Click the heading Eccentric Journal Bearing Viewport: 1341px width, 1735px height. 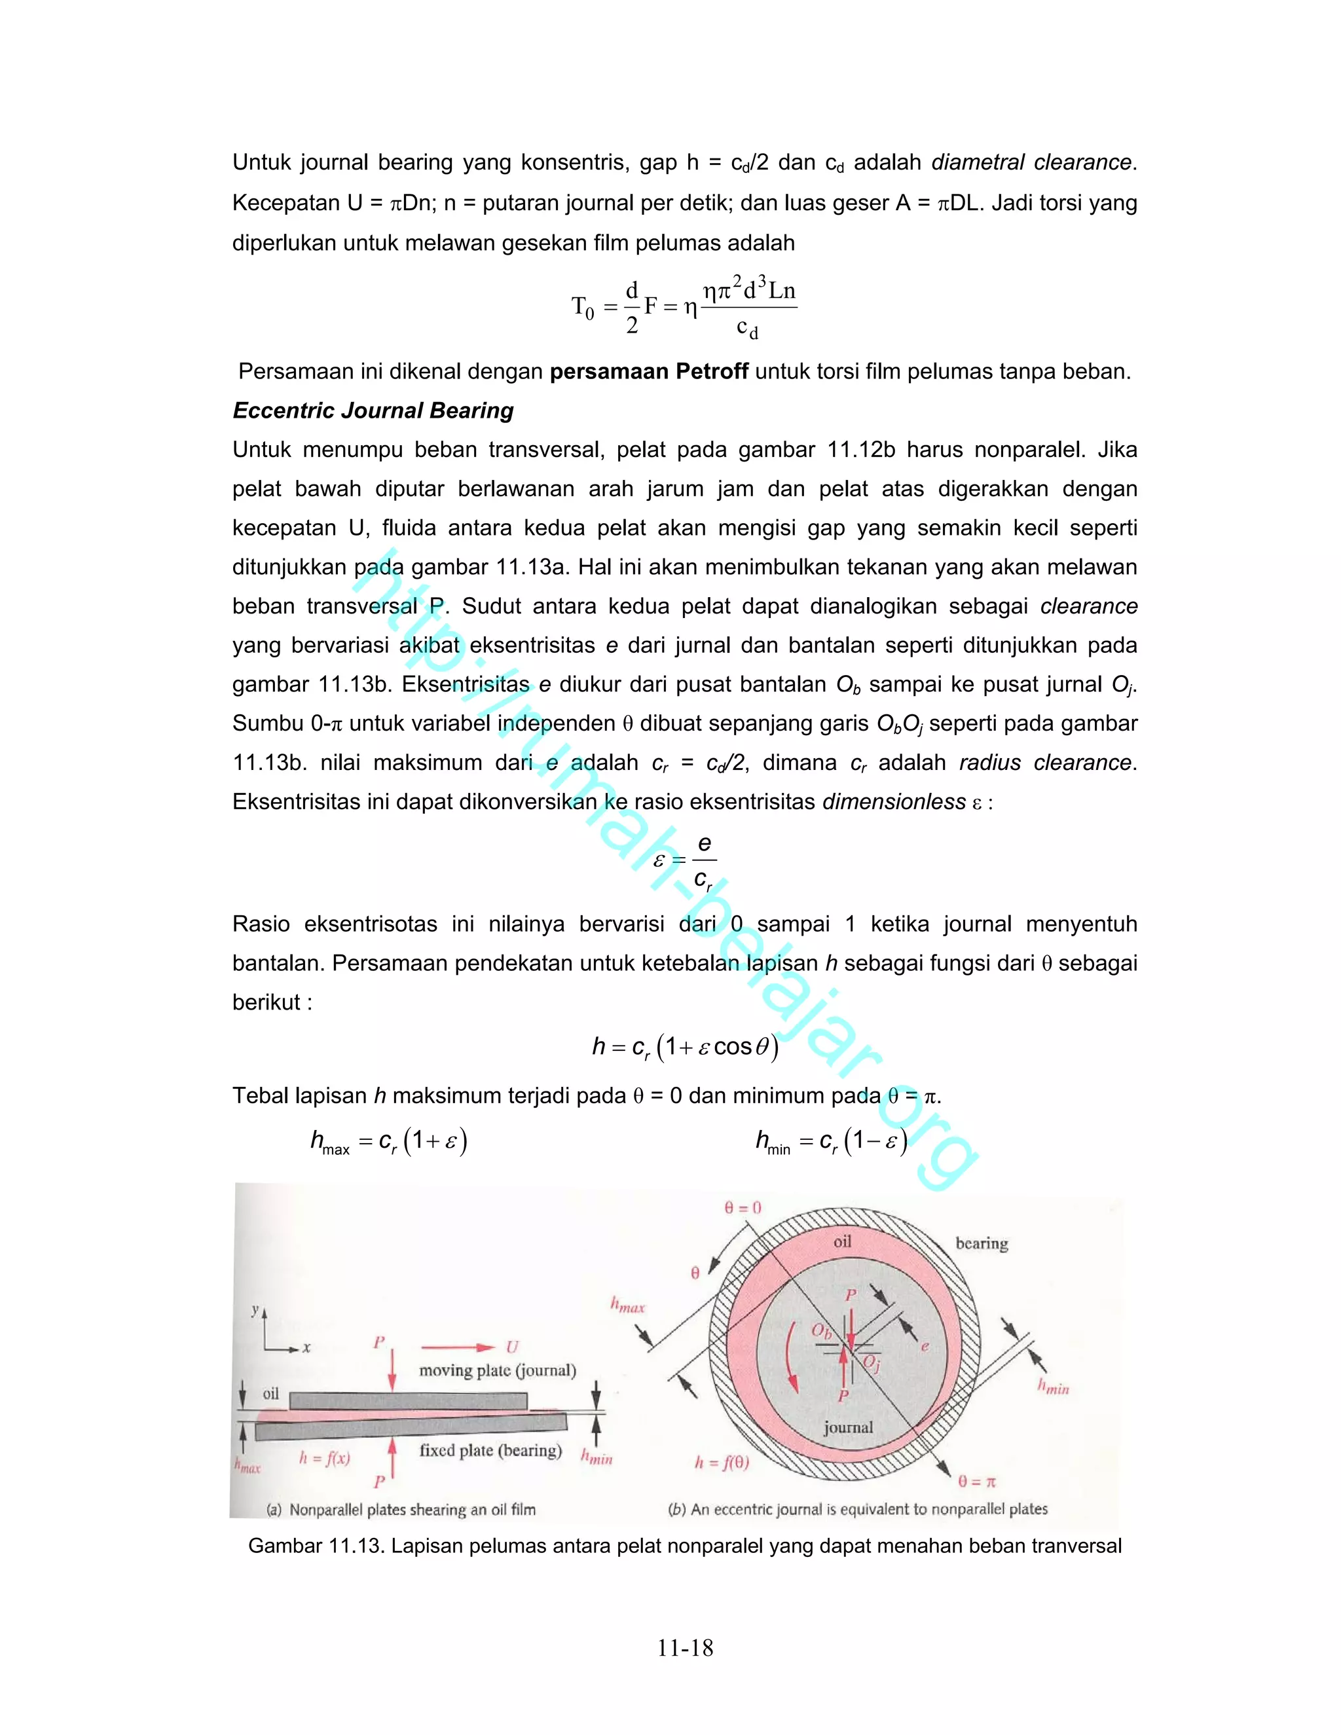point(373,411)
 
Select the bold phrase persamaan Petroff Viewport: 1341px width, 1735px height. point(648,371)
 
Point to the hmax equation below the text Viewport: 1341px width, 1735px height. point(388,1143)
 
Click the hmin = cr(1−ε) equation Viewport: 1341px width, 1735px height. point(831,1143)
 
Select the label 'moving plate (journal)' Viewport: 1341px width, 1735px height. point(498,1370)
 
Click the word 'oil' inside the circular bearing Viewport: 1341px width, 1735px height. point(842,1241)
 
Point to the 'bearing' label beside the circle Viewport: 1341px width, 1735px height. point(982,1243)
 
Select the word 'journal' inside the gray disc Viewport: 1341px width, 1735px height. point(848,1427)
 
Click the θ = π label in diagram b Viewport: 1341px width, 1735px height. point(976,1481)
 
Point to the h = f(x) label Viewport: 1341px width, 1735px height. point(324,1458)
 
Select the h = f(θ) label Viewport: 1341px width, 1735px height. point(722,1462)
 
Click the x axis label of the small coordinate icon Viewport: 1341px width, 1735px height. point(306,1348)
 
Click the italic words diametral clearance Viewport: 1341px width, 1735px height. point(1031,162)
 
